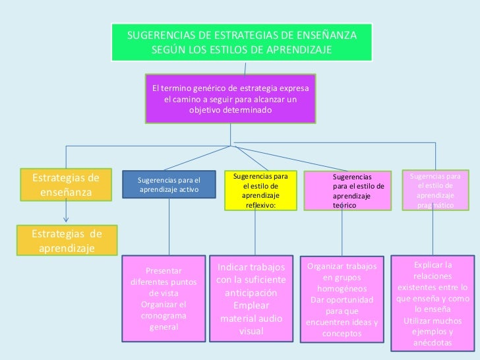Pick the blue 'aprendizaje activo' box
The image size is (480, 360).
[168, 185]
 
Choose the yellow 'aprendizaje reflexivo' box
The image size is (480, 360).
[260, 191]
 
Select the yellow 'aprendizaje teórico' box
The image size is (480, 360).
[347, 191]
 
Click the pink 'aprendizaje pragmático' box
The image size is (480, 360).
[435, 191]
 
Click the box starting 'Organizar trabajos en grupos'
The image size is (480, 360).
[341, 300]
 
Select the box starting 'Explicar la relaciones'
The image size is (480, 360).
[433, 303]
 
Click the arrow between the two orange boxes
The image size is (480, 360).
[66, 212]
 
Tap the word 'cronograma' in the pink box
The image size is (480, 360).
[164, 316]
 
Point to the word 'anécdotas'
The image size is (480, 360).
[433, 343]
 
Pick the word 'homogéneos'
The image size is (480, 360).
[342, 289]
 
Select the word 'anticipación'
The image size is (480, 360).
[251, 293]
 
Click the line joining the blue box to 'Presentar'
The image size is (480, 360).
[169, 227]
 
